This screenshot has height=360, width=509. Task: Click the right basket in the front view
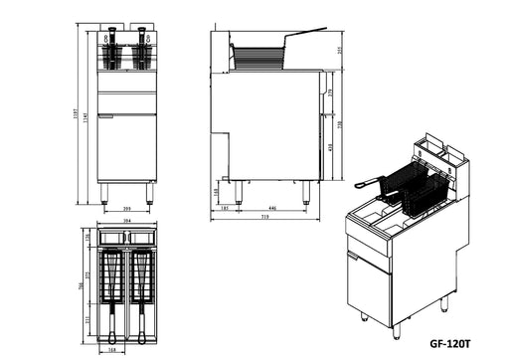click(x=143, y=55)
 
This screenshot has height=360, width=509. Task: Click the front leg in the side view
click(x=306, y=192)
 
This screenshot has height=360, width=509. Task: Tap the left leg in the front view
click(x=103, y=193)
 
